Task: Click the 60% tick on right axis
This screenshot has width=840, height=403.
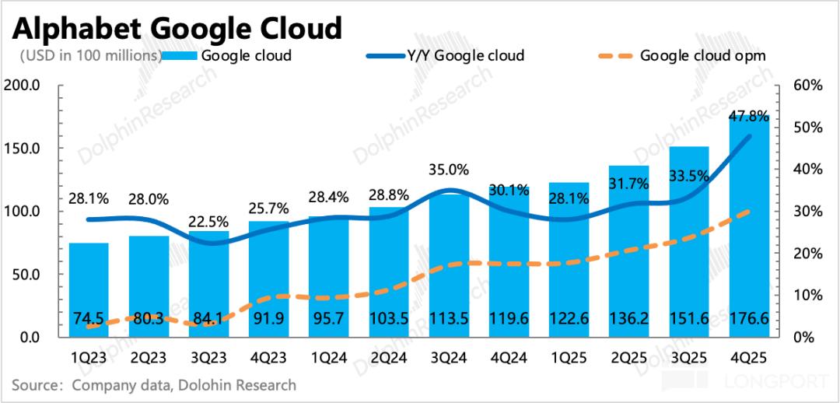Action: (x=808, y=85)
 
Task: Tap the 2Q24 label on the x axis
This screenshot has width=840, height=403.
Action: (x=390, y=359)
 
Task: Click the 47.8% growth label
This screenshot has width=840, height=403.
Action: (x=749, y=117)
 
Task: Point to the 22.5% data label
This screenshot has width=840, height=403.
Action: (x=209, y=221)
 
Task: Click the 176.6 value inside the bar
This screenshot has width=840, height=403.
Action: (x=750, y=318)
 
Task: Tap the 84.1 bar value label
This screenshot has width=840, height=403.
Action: (x=209, y=318)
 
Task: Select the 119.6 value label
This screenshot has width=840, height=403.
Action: (x=509, y=318)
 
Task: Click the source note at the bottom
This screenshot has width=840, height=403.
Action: (x=154, y=384)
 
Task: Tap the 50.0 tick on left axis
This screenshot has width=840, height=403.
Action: (x=26, y=275)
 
